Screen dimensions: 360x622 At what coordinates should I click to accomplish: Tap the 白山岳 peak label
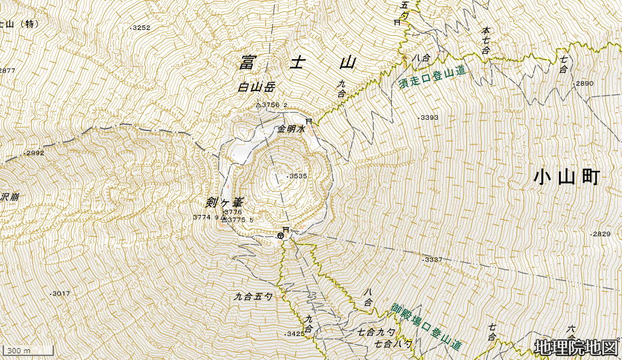[x=256, y=87]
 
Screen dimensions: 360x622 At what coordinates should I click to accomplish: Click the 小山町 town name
[x=567, y=177]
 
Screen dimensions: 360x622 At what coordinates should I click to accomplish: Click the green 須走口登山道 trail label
[x=432, y=79]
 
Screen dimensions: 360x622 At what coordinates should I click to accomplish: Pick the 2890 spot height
[x=583, y=84]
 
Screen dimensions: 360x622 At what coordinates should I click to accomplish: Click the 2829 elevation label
[x=601, y=234]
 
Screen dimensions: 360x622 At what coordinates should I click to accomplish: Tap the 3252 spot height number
[x=141, y=28]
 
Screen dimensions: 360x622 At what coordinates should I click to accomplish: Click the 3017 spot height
[x=60, y=293]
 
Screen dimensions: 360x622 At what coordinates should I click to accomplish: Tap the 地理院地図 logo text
[x=576, y=347]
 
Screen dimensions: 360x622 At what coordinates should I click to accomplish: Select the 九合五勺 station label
[x=253, y=296]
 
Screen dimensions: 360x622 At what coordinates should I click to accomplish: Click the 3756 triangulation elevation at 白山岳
[x=272, y=105]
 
